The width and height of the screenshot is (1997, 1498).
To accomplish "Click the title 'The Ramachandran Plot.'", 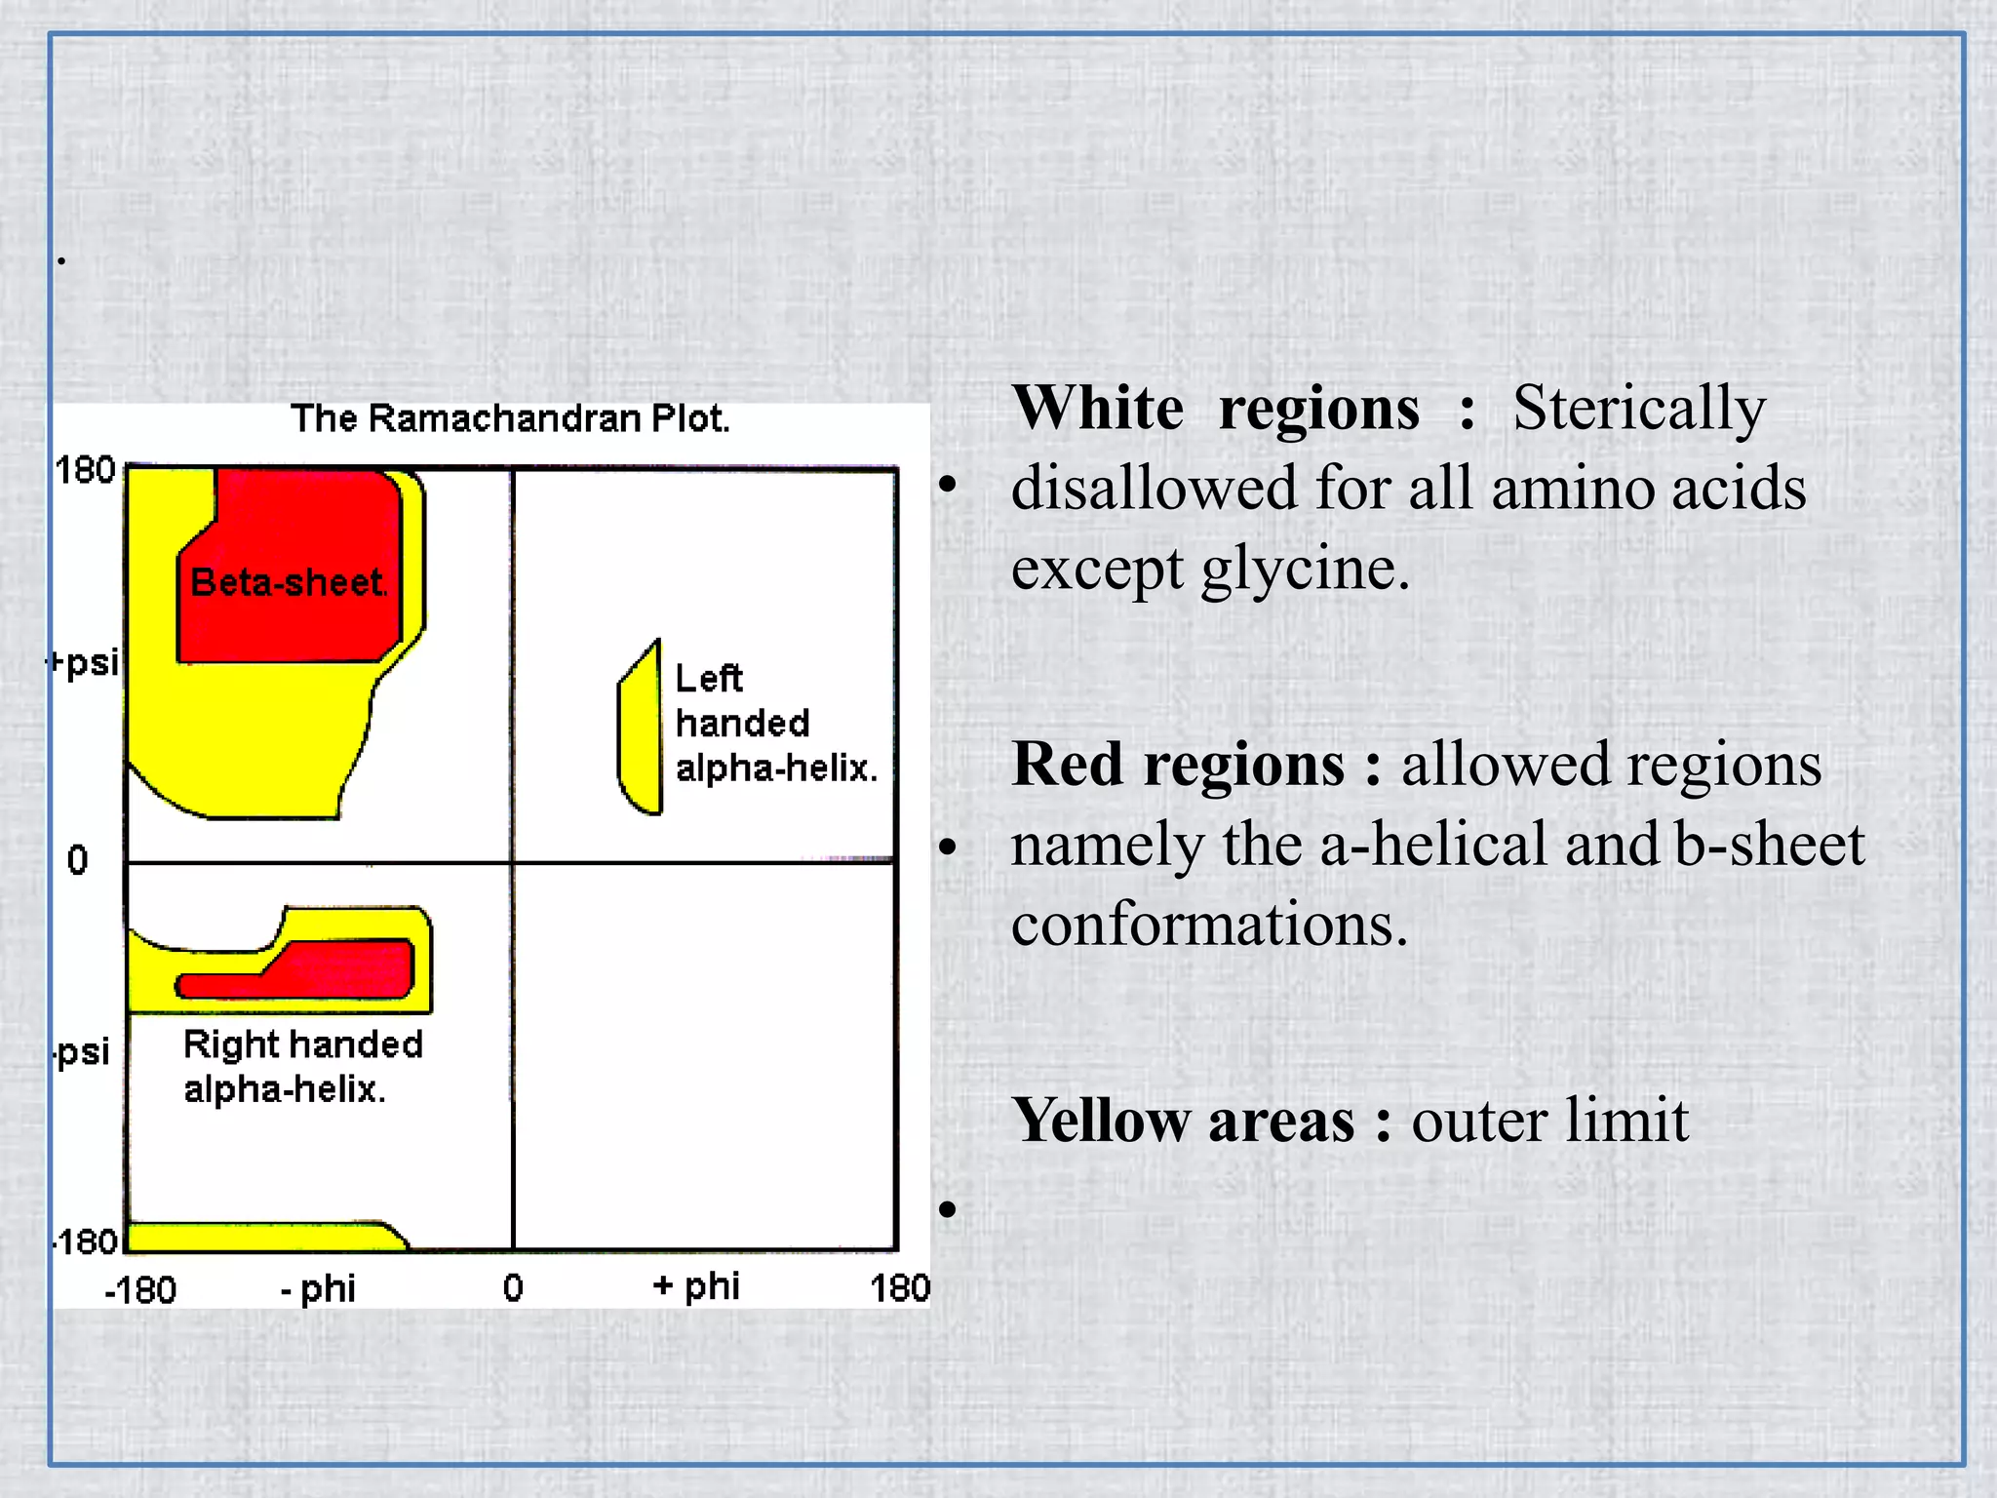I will [510, 418].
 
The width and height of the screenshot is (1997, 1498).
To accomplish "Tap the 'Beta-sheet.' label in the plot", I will [289, 583].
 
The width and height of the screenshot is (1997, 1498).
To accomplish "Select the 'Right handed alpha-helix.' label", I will [302, 1066].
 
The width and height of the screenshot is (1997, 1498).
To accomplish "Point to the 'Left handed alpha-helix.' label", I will [775, 723].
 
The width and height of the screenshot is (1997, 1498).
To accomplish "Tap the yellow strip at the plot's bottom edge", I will [263, 1237].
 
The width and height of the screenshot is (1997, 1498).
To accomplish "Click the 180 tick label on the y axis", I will [86, 471].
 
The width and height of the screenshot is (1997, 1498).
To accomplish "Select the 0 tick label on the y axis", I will [78, 860].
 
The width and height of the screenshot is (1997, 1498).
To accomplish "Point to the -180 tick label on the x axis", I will [140, 1290].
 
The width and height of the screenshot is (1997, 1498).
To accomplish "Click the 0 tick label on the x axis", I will [513, 1288].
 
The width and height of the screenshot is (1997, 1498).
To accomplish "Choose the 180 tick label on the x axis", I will [899, 1288].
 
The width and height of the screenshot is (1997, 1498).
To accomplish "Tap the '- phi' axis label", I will [318, 1289].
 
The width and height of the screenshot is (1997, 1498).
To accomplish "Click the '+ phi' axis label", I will [696, 1286].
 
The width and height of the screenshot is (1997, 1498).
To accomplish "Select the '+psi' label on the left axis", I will [85, 663].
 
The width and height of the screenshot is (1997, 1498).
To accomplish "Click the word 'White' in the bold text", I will [1098, 408].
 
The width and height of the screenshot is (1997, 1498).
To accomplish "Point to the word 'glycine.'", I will [1306, 568].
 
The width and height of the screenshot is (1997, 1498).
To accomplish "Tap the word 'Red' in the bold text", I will [1068, 764].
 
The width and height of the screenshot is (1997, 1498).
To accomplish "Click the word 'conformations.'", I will [1209, 924].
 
